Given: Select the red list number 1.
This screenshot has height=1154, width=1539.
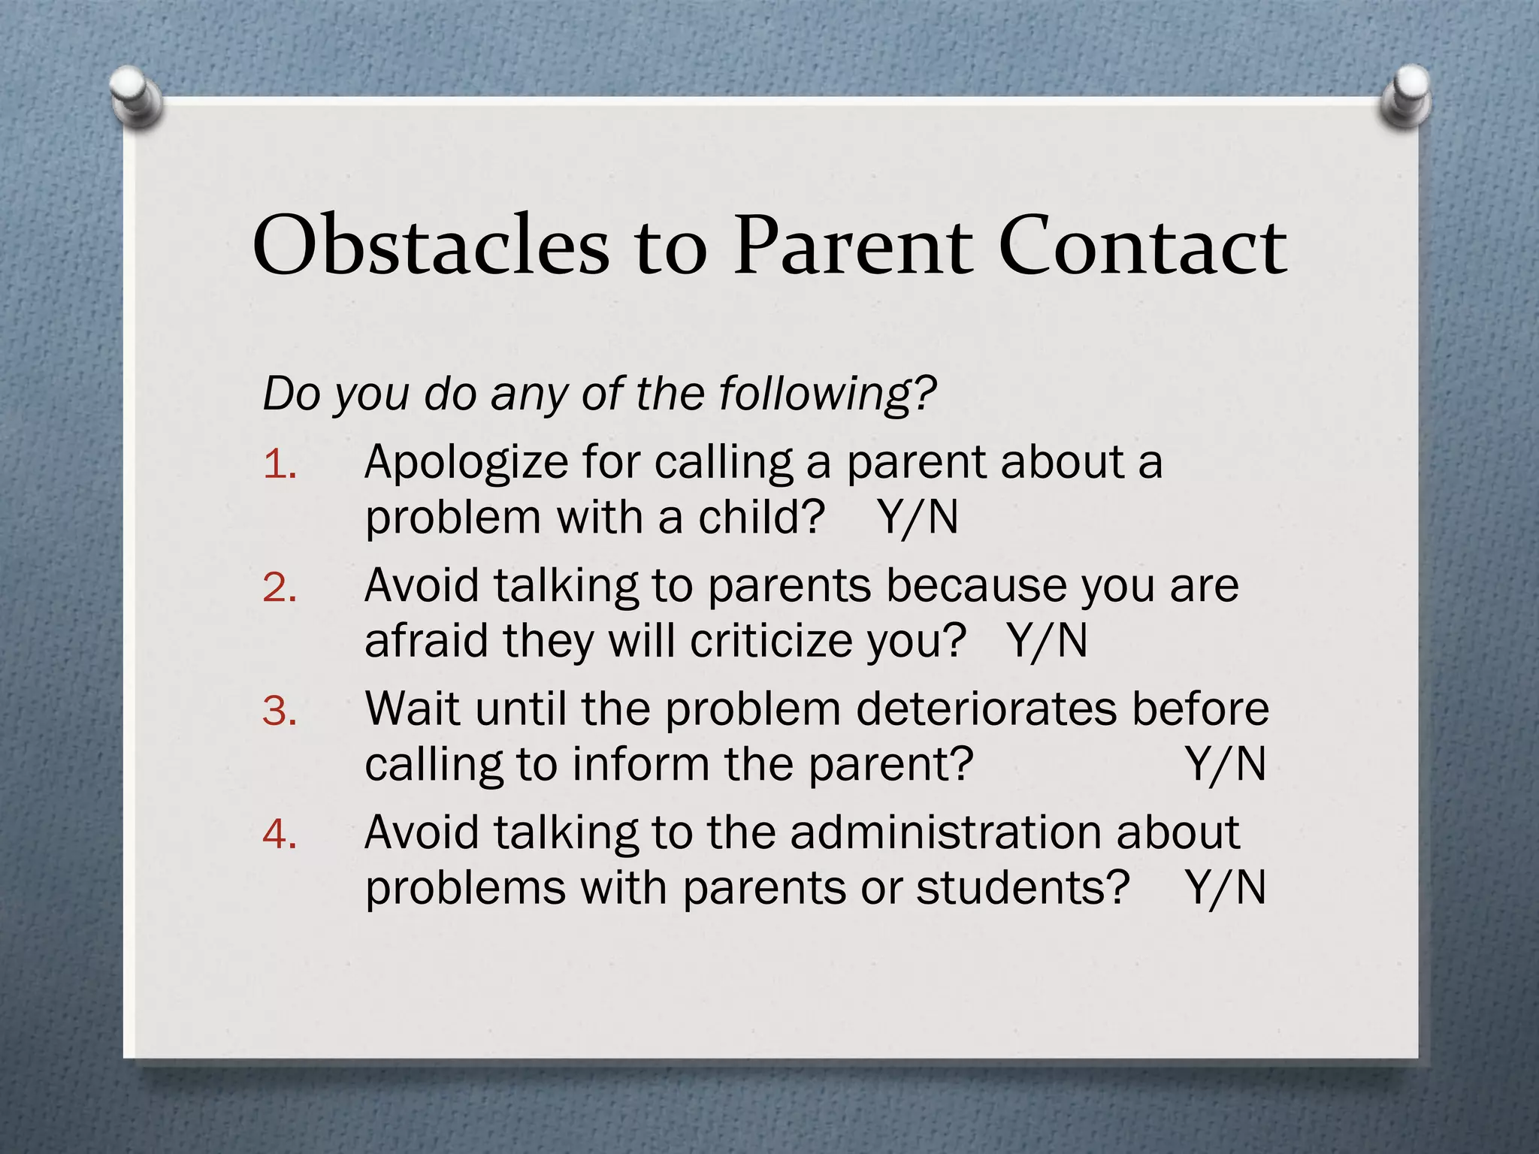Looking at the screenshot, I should pos(280,466).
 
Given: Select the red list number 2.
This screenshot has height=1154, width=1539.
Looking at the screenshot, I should pos(280,588).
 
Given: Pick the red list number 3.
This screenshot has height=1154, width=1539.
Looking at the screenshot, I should pos(280,711).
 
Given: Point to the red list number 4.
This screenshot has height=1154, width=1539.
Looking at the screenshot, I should pos(280,835).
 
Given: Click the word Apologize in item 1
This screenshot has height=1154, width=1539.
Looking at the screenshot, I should pos(466,463).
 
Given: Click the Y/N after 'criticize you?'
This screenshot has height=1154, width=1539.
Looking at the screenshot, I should pos(1048,642).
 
